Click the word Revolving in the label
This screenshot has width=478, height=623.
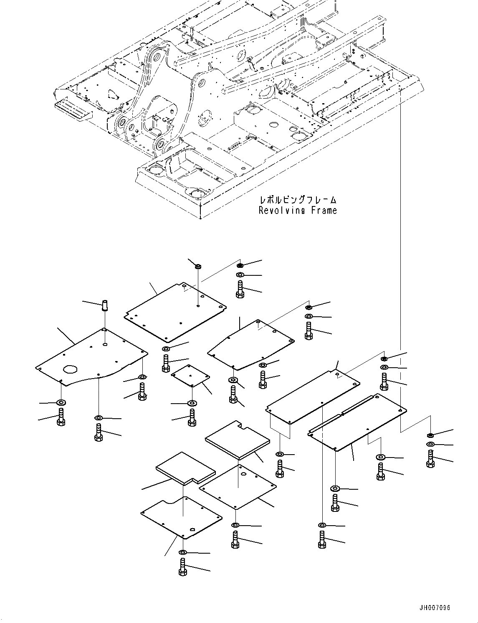pos(283,210)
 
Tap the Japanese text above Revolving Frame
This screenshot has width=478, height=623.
pos(298,200)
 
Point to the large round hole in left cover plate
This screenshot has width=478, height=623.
pos(70,369)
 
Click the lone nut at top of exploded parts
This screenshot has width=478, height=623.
pos(198,266)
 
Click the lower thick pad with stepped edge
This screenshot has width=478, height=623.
pos(185,468)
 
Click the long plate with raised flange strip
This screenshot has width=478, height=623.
pos(358,422)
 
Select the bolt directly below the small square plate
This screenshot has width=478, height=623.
pos(192,417)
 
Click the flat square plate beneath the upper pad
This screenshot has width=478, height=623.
pos(238,487)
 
